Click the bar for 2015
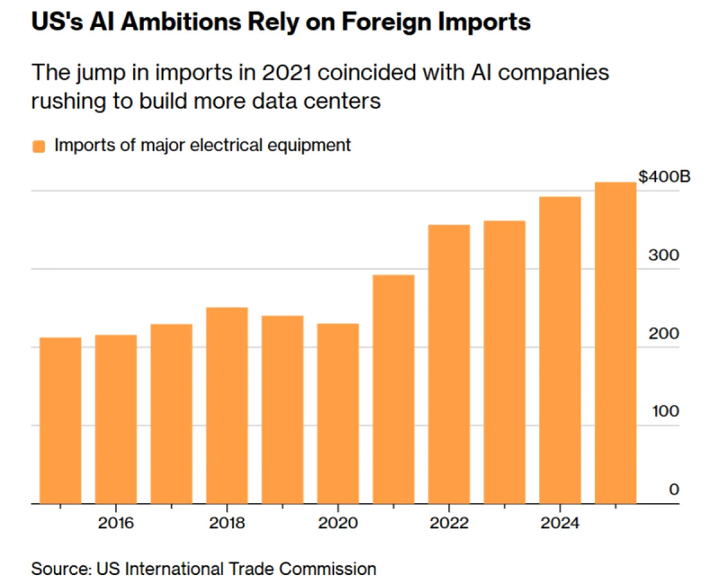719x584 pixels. click(60, 420)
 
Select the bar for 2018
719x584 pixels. click(227, 406)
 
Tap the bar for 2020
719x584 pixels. click(338, 413)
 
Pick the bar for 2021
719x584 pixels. click(394, 389)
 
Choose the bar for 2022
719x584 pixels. click(449, 364)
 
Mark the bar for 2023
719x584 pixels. click(504, 362)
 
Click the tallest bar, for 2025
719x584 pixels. click(615, 343)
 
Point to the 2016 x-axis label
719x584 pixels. click(116, 523)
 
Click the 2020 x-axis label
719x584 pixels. click(338, 523)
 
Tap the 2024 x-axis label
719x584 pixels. click(560, 523)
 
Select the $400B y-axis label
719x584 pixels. click(664, 177)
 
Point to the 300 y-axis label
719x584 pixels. click(664, 255)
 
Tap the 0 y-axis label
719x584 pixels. click(673, 490)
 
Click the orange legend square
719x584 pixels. click(39, 146)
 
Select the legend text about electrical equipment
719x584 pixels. click(203, 146)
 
